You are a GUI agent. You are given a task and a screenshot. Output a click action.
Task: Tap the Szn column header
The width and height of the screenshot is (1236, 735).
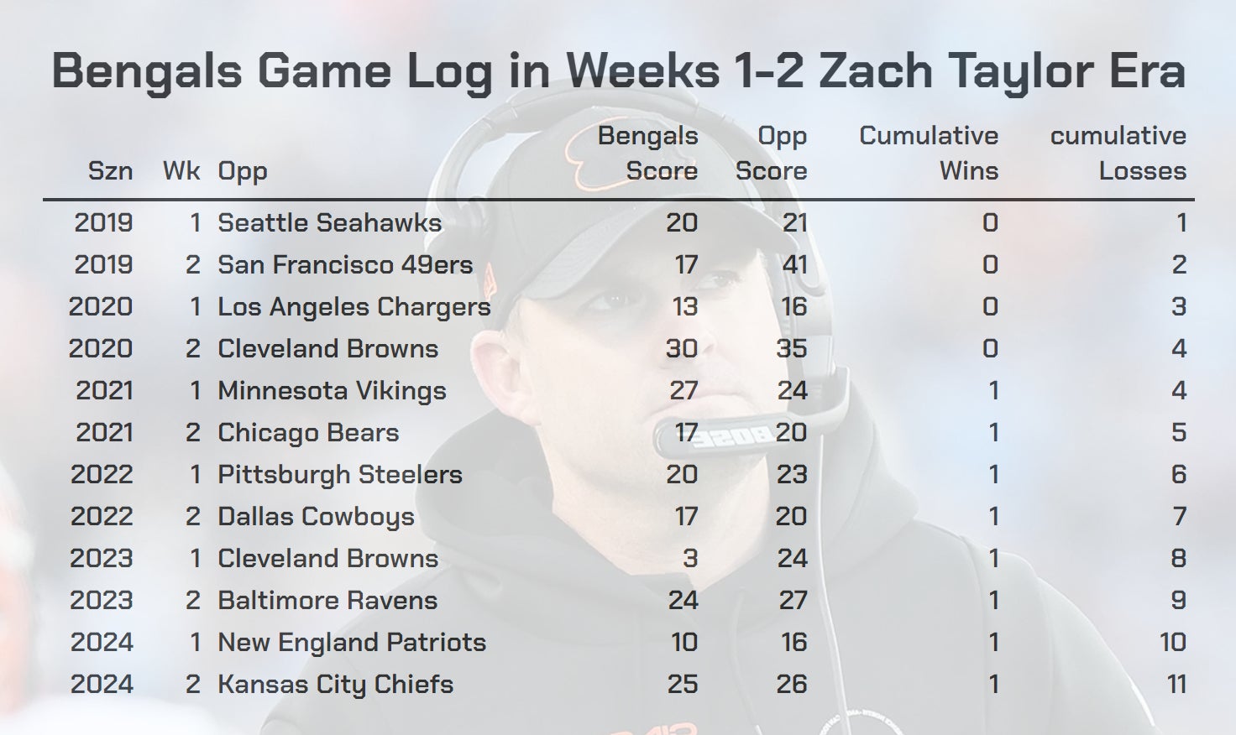[x=110, y=171]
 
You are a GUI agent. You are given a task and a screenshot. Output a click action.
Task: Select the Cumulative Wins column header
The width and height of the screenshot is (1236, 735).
[x=929, y=154]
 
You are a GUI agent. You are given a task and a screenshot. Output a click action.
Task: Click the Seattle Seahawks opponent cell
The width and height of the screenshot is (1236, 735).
[x=329, y=222]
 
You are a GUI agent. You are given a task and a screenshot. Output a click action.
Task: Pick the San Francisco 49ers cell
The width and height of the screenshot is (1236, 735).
[x=345, y=264]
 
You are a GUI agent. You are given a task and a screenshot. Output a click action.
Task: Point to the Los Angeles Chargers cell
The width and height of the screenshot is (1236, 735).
[x=354, y=306]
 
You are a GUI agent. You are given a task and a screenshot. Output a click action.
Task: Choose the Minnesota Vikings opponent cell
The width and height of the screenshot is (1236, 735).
[x=332, y=390]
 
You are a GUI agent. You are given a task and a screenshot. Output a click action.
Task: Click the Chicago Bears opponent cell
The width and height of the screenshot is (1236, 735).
[x=308, y=432]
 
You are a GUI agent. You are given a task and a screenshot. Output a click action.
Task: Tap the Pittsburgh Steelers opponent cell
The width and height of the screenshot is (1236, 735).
[x=340, y=474]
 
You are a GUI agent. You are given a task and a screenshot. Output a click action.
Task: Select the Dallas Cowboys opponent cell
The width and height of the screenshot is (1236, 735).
[x=316, y=516]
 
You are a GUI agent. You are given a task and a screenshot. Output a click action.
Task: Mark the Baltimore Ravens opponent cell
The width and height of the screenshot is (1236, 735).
[x=327, y=600]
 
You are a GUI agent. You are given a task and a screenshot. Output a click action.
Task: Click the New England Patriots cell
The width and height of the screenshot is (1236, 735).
[x=352, y=642]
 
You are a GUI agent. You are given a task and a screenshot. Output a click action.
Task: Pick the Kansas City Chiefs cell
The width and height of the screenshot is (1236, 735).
[x=335, y=684]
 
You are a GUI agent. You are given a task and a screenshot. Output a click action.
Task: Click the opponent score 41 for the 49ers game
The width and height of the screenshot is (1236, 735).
[x=793, y=264]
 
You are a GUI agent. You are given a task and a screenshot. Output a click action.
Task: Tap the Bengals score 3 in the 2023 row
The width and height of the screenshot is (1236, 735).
[x=690, y=558]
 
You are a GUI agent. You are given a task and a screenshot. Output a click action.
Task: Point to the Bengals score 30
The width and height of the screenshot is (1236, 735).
[x=681, y=348]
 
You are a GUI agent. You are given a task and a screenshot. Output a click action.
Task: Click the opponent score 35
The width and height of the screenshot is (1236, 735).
[x=791, y=348]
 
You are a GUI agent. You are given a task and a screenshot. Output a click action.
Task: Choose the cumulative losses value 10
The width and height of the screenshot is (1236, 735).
[x=1172, y=642]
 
